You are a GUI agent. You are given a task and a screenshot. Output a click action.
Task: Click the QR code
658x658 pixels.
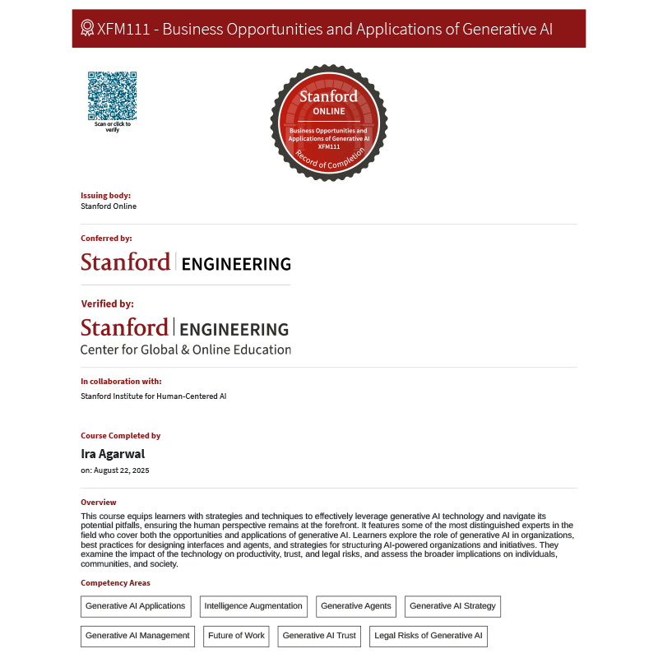coord(112,95)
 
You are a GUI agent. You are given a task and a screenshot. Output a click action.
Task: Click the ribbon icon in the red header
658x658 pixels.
coord(87,29)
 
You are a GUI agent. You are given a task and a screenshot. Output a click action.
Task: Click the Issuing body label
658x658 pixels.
coord(105,196)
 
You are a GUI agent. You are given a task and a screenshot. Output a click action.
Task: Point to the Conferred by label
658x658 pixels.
coord(106,239)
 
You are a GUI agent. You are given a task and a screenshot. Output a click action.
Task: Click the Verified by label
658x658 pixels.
coord(107,304)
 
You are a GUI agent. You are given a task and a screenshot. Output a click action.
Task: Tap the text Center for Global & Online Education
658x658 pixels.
coord(185,350)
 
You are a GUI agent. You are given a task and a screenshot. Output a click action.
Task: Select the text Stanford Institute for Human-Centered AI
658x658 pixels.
coord(153,396)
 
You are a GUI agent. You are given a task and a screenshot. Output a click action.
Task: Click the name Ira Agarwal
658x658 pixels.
coord(113,454)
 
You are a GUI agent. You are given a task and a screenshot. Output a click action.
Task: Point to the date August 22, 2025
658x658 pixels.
coord(122,470)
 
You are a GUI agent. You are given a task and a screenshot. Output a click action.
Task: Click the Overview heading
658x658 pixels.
coord(99,503)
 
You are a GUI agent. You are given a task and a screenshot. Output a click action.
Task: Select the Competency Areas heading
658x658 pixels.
coord(115,583)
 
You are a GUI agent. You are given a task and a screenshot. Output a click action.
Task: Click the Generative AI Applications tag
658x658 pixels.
coord(136,606)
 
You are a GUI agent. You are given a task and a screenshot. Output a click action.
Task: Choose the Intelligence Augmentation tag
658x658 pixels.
coord(253,606)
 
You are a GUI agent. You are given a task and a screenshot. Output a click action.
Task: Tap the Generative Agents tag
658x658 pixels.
coord(356,606)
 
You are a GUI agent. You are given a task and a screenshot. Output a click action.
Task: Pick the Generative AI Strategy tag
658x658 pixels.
coord(452,606)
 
